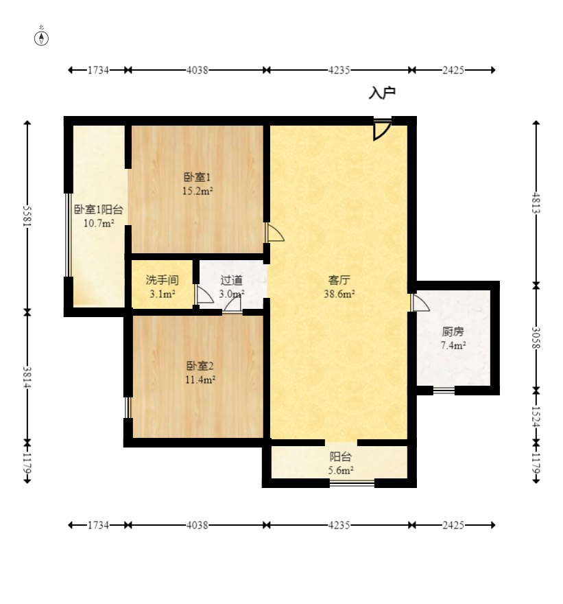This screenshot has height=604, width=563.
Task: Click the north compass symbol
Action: click(41, 38)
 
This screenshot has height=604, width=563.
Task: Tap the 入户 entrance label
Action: click(382, 93)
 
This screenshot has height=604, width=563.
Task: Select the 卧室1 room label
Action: click(197, 177)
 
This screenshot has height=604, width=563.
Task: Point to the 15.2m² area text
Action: click(197, 191)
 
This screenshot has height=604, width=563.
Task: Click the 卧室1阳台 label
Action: click(99, 209)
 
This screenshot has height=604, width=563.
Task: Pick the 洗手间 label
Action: click(162, 280)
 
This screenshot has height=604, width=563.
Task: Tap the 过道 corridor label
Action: click(232, 280)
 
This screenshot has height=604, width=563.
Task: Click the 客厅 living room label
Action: click(339, 280)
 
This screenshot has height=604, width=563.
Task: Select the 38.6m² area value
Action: click(339, 294)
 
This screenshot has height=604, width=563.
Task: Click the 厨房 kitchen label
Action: click(453, 332)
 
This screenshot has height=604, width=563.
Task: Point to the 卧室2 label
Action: click(200, 366)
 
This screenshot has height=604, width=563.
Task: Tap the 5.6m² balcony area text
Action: click(341, 470)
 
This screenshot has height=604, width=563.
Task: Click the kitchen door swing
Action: click(420, 303)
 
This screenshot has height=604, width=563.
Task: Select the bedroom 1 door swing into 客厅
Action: click(275, 233)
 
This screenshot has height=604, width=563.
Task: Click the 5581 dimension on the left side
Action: click(27, 216)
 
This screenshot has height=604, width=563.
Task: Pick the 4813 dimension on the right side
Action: click(536, 203)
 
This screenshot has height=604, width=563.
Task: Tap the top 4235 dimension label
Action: click(339, 70)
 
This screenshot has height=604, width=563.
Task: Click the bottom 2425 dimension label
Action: click(453, 525)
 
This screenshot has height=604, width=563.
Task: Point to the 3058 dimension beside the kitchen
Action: click(536, 338)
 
